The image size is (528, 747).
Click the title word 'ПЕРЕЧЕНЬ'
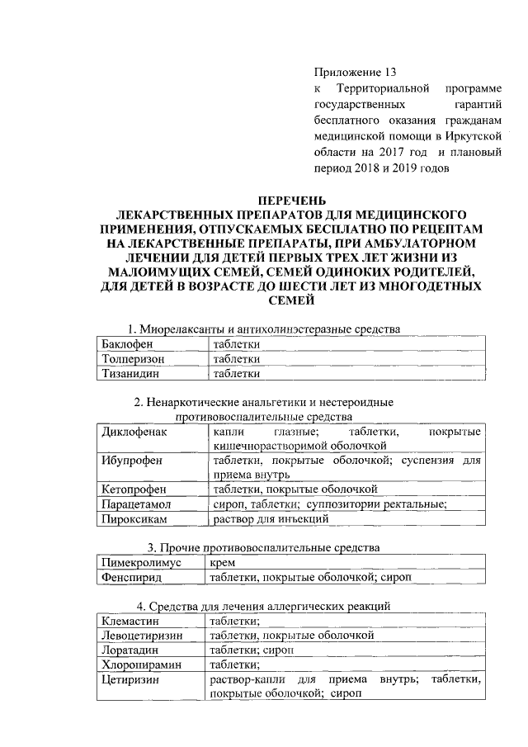292,201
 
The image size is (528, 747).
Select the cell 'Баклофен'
126,344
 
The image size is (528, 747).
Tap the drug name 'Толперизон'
132,359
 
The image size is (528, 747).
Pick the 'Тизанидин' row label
130,374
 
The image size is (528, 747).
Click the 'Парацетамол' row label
137,504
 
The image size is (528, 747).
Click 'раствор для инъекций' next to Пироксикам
271,519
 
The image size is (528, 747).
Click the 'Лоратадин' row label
130,650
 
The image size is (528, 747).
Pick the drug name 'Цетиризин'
130,680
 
